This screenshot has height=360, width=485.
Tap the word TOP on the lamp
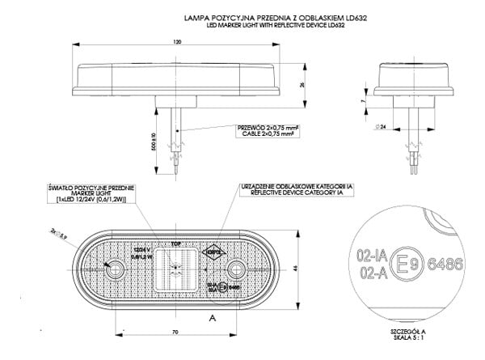click(175, 242)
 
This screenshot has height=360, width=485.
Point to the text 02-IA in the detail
click(371, 254)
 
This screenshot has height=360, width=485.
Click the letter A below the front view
click(211, 320)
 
